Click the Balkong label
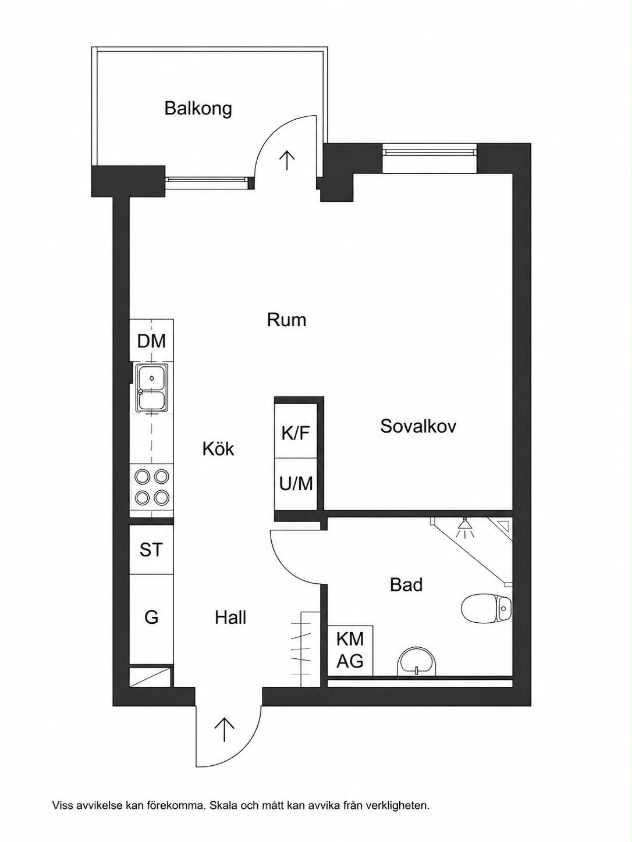pyautogui.click(x=198, y=109)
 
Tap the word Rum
pyautogui.click(x=286, y=320)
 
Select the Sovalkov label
pyautogui.click(x=418, y=426)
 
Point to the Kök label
pyautogui.click(x=218, y=448)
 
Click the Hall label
pyautogui.click(x=230, y=618)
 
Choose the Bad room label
pyautogui.click(x=406, y=585)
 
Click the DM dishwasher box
pyautogui.click(x=151, y=340)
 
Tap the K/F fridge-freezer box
pyautogui.click(x=296, y=430)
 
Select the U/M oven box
pyautogui.click(x=296, y=484)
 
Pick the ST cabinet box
pyautogui.click(x=151, y=550)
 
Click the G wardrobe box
pyautogui.click(x=151, y=618)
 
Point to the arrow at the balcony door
pyautogui.click(x=286, y=160)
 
